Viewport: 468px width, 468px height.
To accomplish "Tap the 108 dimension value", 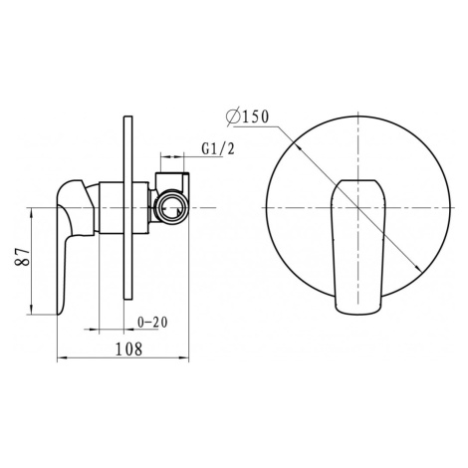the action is pyautogui.click(x=128, y=349).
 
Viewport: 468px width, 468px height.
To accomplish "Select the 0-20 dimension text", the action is pyautogui.click(x=152, y=323).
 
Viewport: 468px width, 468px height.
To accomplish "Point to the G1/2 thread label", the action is pyautogui.click(x=218, y=148).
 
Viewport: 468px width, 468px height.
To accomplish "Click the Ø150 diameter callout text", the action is pyautogui.click(x=247, y=117).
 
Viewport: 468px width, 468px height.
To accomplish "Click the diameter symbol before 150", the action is pyautogui.click(x=234, y=117).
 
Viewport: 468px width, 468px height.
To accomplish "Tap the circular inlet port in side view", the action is pyautogui.click(x=172, y=208).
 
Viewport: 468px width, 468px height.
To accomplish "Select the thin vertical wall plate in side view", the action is pyautogui.click(x=128, y=208).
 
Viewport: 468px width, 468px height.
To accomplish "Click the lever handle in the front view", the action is pyautogui.click(x=357, y=246).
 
